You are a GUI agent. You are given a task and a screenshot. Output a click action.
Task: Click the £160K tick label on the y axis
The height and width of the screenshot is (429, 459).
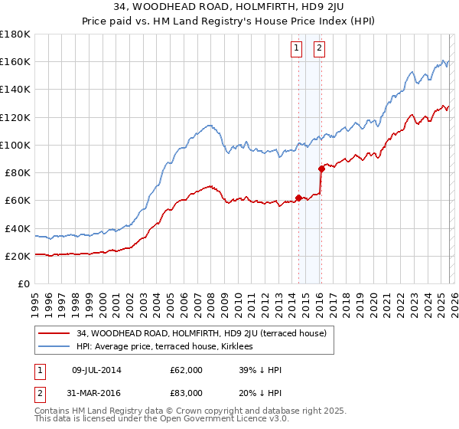tap(15, 62)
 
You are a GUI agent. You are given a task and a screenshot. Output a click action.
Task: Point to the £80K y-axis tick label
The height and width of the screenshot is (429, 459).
tap(18, 173)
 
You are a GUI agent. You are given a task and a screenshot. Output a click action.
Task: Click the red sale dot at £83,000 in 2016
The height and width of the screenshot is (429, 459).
tap(321, 169)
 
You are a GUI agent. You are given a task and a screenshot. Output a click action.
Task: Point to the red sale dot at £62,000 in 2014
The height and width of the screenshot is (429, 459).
tap(298, 198)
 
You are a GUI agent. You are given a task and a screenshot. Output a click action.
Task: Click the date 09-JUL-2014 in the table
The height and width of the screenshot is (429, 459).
tap(96, 370)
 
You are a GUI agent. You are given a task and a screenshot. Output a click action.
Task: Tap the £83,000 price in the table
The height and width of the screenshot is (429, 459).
tap(186, 392)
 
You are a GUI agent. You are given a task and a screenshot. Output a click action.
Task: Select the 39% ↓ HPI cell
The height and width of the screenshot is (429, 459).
tap(260, 370)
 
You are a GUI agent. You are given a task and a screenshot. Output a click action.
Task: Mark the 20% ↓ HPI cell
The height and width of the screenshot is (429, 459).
tap(260, 392)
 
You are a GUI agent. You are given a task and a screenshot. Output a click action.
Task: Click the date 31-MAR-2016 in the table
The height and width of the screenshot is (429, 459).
tap(96, 392)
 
